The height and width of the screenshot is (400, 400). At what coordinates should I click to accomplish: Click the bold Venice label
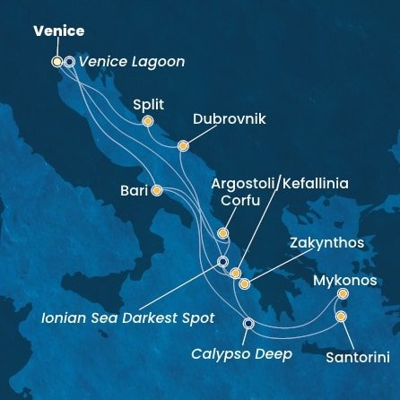coord(58,31)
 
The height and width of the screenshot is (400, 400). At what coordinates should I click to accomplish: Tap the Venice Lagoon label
coord(132,62)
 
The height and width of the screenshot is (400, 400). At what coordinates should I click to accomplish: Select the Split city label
coord(149,104)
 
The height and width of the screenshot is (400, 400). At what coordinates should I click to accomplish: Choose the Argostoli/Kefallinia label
coord(279,184)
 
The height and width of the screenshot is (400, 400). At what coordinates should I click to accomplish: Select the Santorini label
coord(357,357)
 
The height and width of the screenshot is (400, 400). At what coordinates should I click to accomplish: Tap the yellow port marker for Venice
coord(57,62)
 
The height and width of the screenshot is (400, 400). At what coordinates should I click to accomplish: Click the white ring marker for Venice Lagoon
coord(69,62)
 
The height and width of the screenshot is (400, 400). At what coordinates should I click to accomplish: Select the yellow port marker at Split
coord(147,121)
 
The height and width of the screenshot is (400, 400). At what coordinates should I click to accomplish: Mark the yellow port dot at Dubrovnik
coord(183,145)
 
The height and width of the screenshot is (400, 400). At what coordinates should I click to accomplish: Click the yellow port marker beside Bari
coord(157,190)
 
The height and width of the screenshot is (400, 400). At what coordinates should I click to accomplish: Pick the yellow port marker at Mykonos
coord(342,293)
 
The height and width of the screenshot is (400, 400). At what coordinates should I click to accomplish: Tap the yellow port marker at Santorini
coord(341,317)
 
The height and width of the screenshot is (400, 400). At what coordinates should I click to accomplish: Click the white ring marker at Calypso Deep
coord(248,324)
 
